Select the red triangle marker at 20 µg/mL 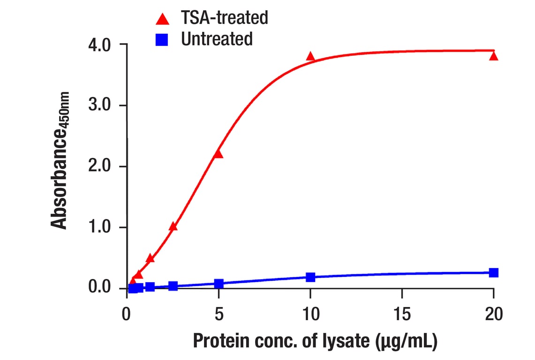tap(493, 56)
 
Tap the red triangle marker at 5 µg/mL tap(218, 154)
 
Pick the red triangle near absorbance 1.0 tap(173, 227)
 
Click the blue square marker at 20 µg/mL tap(493, 273)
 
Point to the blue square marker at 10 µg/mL tap(310, 277)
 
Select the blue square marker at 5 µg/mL tap(219, 284)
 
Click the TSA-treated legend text tap(225, 18)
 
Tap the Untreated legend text tap(217, 39)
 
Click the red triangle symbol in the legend tap(162, 19)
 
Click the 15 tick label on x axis tap(401, 314)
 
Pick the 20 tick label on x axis tap(493, 314)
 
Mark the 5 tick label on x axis tap(218, 314)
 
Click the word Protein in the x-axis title tap(219, 341)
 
